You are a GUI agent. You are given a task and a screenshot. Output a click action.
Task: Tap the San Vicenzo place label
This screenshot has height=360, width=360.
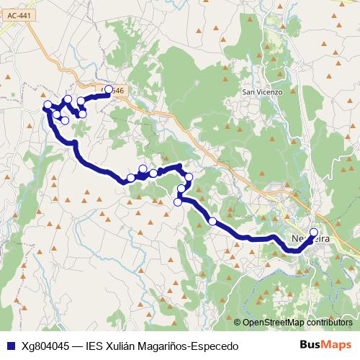pos(261,92)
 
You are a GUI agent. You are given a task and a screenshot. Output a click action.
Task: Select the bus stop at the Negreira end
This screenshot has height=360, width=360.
pos(313,232)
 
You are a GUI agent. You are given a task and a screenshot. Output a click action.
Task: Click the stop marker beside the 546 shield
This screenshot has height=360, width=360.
pos(109,90)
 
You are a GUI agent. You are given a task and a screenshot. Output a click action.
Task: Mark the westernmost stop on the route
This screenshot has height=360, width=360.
pos(48,105)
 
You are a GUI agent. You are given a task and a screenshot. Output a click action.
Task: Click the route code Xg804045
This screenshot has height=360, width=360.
pos(45,346)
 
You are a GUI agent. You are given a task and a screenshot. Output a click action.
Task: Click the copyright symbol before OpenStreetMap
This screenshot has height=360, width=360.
pos(237,322)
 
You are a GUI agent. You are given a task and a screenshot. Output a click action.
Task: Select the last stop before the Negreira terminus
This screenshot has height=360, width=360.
pos(212,221)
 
